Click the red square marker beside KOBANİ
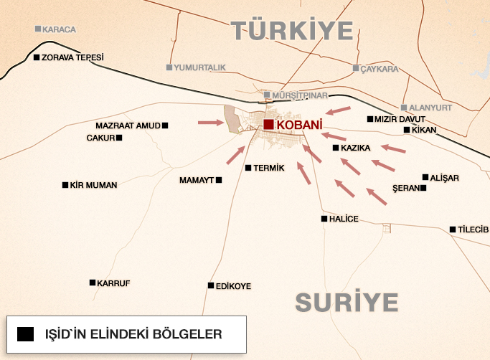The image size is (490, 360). [x=268, y=125]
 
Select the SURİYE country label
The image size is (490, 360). [x=347, y=302]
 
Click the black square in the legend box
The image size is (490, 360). [x=27, y=333]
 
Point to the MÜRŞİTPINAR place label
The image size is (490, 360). [x=299, y=95]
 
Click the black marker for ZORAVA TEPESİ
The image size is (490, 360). [x=37, y=57]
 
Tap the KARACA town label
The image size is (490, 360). [x=59, y=29]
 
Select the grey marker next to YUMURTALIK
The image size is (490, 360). [x=169, y=67]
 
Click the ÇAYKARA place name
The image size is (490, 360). [x=380, y=69]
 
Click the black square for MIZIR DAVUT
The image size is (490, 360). [x=369, y=119]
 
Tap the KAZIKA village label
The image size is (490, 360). [x=355, y=148]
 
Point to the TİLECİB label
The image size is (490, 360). [x=473, y=229]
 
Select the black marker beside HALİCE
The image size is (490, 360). [x=324, y=219]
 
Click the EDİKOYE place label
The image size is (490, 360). [x=233, y=286]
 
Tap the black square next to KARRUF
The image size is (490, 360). [x=93, y=283]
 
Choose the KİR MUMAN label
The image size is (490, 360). [x=94, y=185]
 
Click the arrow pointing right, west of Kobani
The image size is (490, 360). [x=210, y=122]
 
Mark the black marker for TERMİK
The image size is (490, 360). [x=248, y=168]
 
